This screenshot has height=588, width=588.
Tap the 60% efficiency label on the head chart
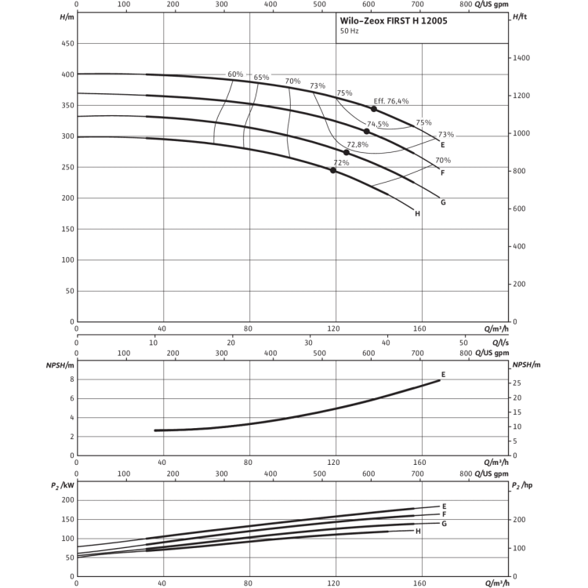(234, 74)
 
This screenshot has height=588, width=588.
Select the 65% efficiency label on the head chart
(262, 76)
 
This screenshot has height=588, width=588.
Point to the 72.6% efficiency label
(357, 144)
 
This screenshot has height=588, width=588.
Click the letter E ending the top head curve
(443, 144)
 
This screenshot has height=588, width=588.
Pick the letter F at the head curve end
(443, 172)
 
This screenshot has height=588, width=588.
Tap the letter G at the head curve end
(442, 202)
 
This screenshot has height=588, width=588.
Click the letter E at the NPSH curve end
(444, 374)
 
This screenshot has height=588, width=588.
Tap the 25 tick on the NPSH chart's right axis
(518, 383)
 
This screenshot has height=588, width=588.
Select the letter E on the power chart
(444, 506)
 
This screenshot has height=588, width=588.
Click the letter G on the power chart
(444, 523)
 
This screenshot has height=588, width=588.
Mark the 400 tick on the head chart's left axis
(67, 74)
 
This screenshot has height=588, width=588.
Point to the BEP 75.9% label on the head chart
(392, 100)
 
